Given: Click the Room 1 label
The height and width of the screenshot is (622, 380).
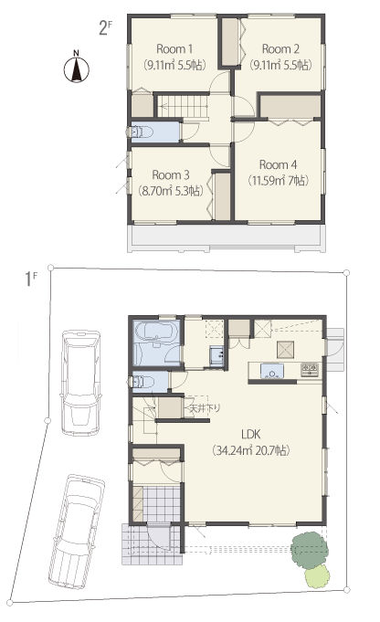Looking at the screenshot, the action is click(x=174, y=49).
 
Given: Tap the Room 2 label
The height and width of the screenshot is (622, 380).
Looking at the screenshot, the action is click(x=280, y=49).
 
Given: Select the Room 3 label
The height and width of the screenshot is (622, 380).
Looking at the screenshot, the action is click(x=171, y=175).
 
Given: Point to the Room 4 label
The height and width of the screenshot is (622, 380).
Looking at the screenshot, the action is click(x=278, y=164).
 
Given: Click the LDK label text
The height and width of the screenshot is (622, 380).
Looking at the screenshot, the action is click(x=250, y=434).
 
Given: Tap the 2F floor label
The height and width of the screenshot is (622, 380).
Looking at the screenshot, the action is click(x=105, y=28).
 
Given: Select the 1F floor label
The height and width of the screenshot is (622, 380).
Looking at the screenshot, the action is click(x=31, y=279).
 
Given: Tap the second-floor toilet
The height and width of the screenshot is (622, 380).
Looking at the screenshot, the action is click(x=139, y=132).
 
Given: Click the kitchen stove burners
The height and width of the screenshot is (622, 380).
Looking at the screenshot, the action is click(x=310, y=369).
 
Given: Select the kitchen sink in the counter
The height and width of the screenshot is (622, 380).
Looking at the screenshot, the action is click(x=271, y=371).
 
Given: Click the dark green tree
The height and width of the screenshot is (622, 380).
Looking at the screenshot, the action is click(x=310, y=550).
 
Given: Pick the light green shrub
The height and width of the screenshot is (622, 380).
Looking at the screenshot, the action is click(x=317, y=576).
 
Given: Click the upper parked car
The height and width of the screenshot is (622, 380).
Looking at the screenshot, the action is click(x=80, y=383).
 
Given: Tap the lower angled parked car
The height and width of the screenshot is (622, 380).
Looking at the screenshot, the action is click(x=77, y=532).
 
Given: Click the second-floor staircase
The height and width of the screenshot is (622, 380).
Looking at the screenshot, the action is click(x=184, y=106).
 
